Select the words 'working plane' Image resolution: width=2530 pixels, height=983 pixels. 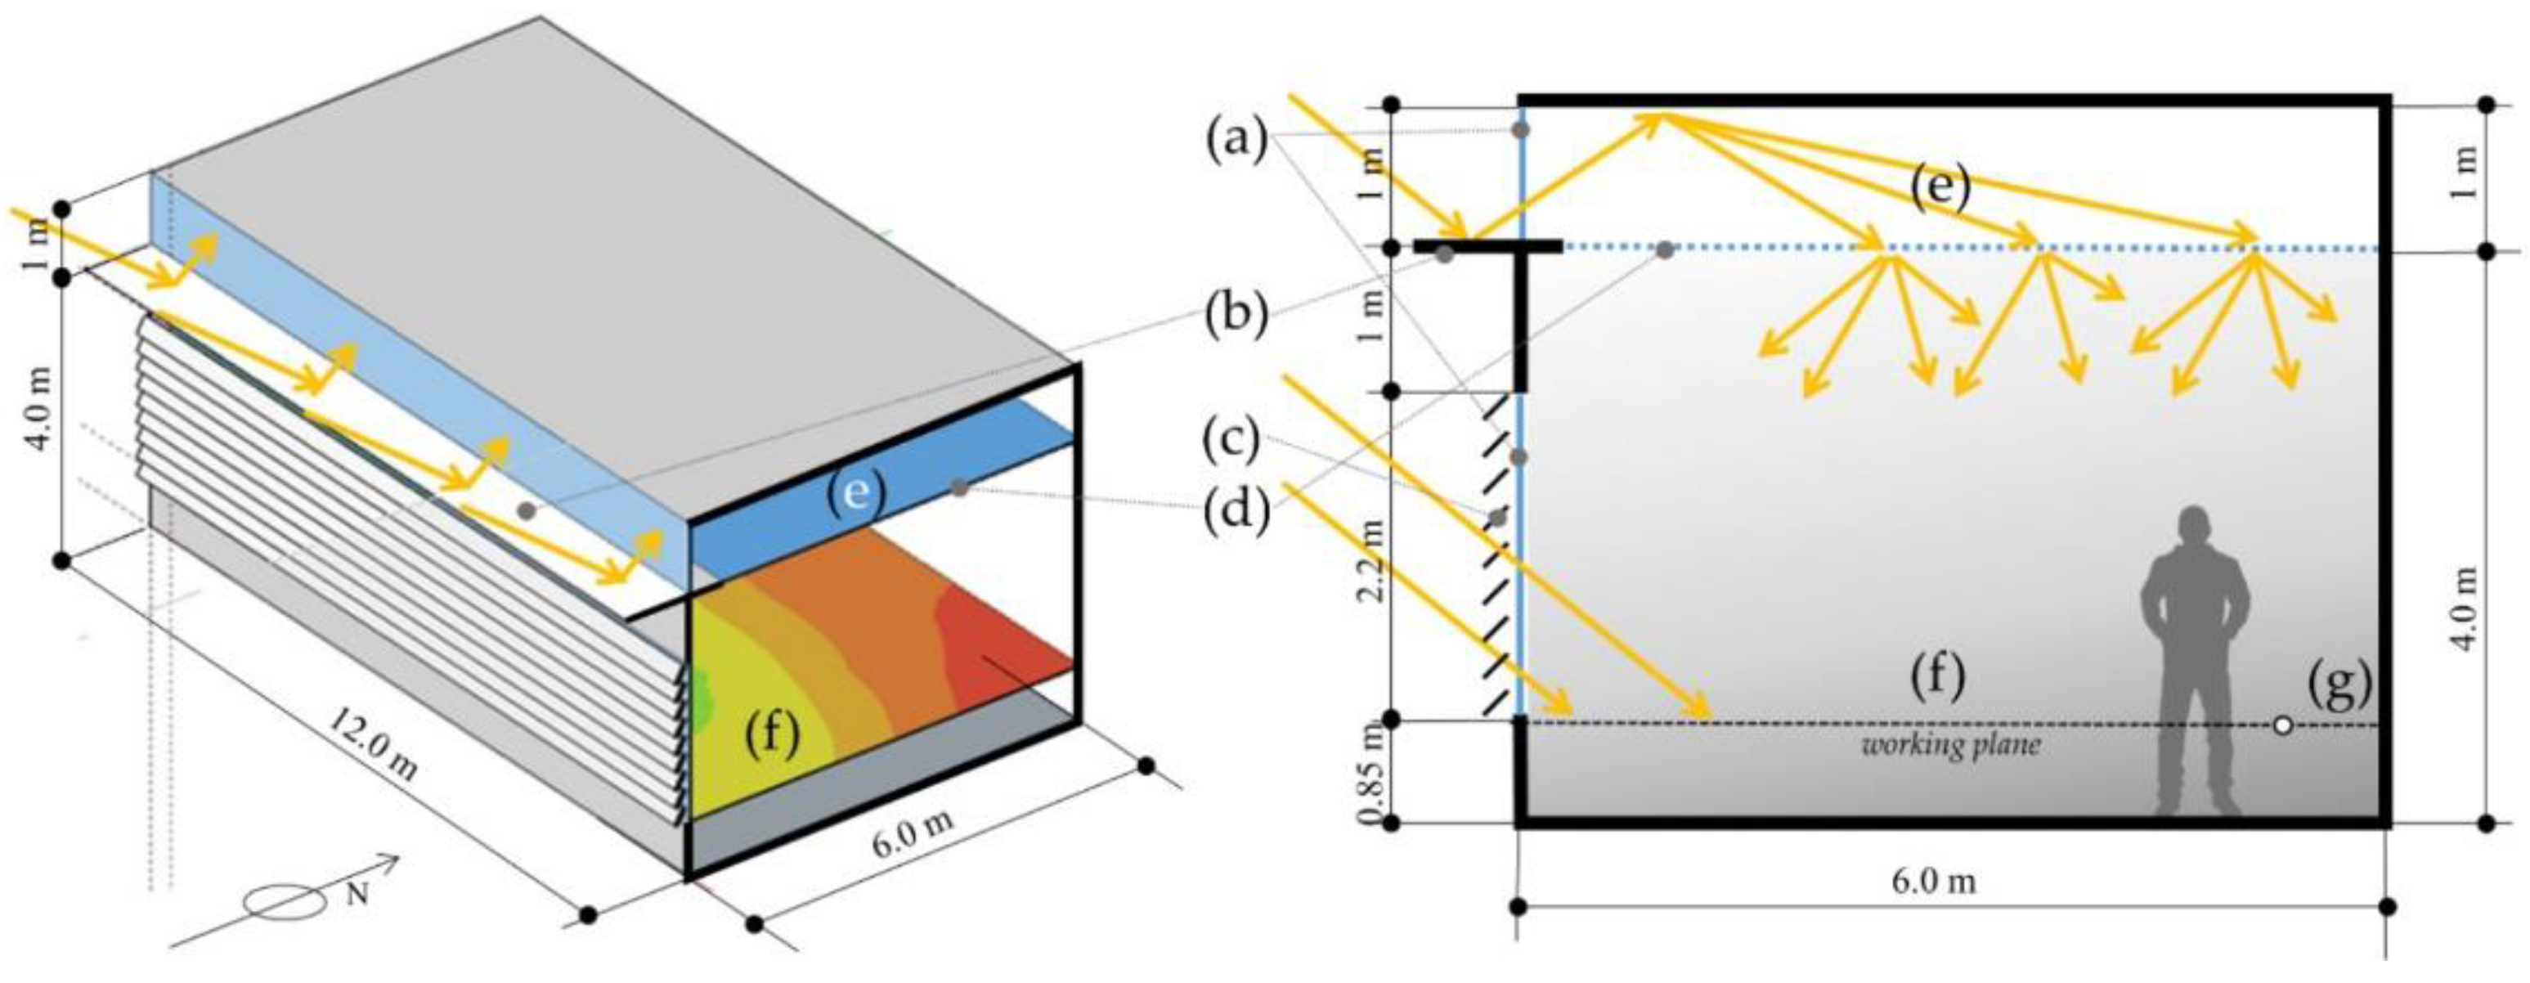pos(1950,745)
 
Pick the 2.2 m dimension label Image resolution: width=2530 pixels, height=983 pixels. pos(1373,574)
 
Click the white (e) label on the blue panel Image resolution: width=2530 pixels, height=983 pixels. pos(855,490)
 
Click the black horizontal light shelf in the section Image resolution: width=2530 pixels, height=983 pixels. pos(1488,245)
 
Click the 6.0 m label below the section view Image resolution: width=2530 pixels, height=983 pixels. pos(1933,881)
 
